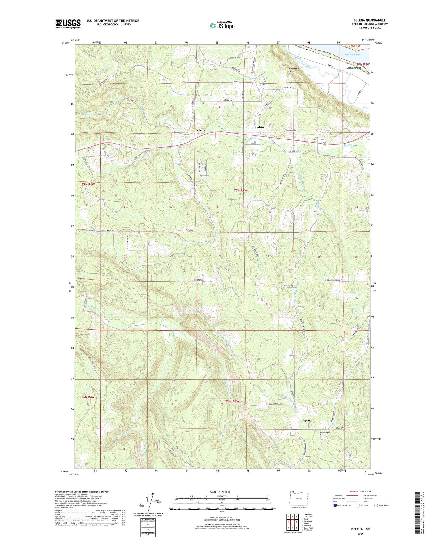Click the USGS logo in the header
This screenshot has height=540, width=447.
[x=68, y=24]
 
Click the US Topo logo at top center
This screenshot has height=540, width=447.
[x=222, y=25]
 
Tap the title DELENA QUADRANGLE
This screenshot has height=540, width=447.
[x=365, y=20]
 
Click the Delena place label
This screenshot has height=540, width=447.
[x=200, y=130]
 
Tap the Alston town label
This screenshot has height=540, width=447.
[x=261, y=127]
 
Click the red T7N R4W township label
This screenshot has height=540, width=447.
[x=88, y=185]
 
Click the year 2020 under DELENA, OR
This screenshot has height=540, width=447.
[x=360, y=534]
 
